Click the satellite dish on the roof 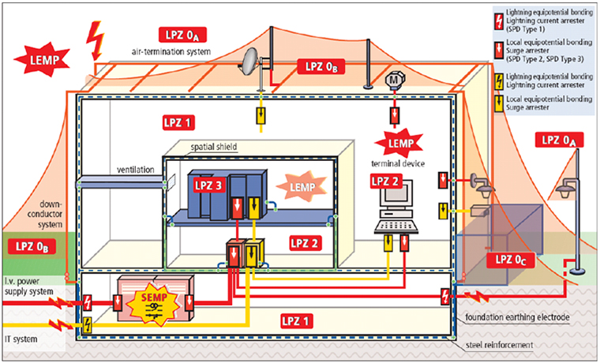(x=253, y=60)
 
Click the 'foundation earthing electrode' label (x=528, y=317)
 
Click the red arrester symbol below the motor (x=394, y=114)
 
